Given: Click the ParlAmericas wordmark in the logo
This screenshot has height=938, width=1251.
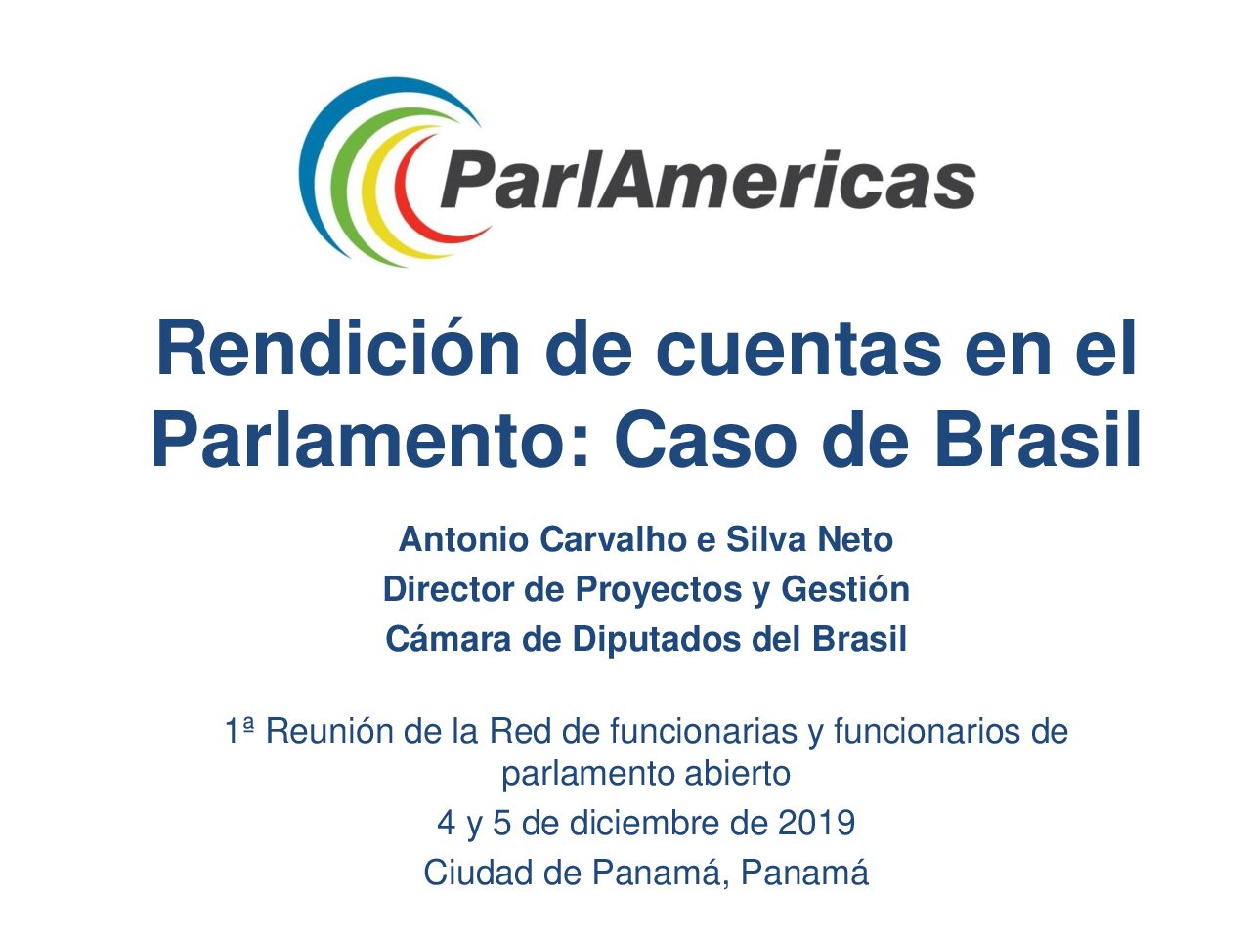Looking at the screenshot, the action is click(708, 180).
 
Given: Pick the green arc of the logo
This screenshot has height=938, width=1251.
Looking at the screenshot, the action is click(341, 183).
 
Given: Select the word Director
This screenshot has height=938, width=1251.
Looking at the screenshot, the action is click(448, 589).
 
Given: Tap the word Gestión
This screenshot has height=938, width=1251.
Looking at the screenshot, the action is click(844, 589).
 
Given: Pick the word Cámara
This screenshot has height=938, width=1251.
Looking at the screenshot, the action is click(448, 639).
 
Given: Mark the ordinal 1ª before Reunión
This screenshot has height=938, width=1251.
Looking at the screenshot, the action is click(239, 731).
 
